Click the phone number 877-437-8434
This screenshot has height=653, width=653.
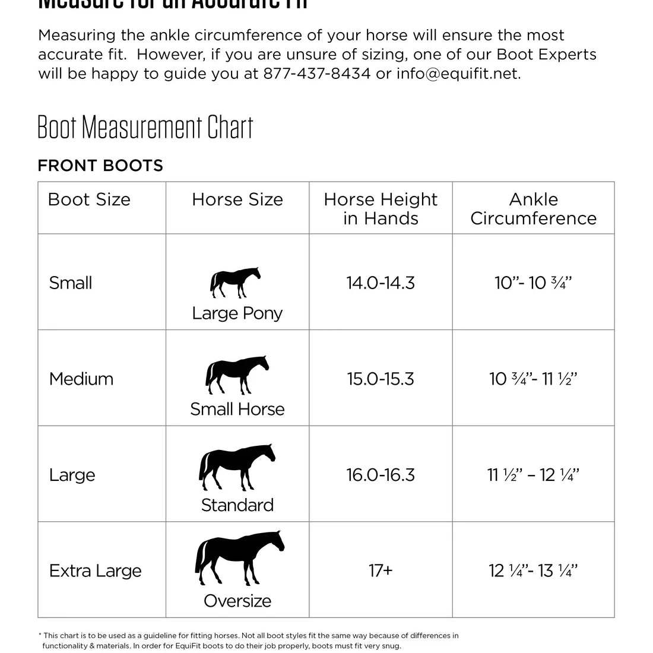[316, 74]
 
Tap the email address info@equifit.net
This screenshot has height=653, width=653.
[458, 74]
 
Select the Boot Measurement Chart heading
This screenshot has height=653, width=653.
[145, 127]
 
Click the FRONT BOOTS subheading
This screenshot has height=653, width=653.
[100, 166]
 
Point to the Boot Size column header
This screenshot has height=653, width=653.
[89, 199]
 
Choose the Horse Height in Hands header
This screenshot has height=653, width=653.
[381, 208]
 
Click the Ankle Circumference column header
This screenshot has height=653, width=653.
[533, 208]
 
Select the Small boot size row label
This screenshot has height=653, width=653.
[71, 283]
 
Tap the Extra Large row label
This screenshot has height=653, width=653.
[96, 571]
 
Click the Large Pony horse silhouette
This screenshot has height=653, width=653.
[236, 282]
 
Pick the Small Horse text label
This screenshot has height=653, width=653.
[237, 409]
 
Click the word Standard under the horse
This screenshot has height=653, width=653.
[237, 505]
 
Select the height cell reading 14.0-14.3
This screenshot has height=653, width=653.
[381, 283]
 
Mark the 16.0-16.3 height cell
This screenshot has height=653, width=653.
[381, 475]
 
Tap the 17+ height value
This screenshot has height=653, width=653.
[381, 571]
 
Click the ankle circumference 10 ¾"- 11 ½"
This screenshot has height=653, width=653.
[533, 379]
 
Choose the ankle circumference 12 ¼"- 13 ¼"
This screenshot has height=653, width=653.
[533, 571]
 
